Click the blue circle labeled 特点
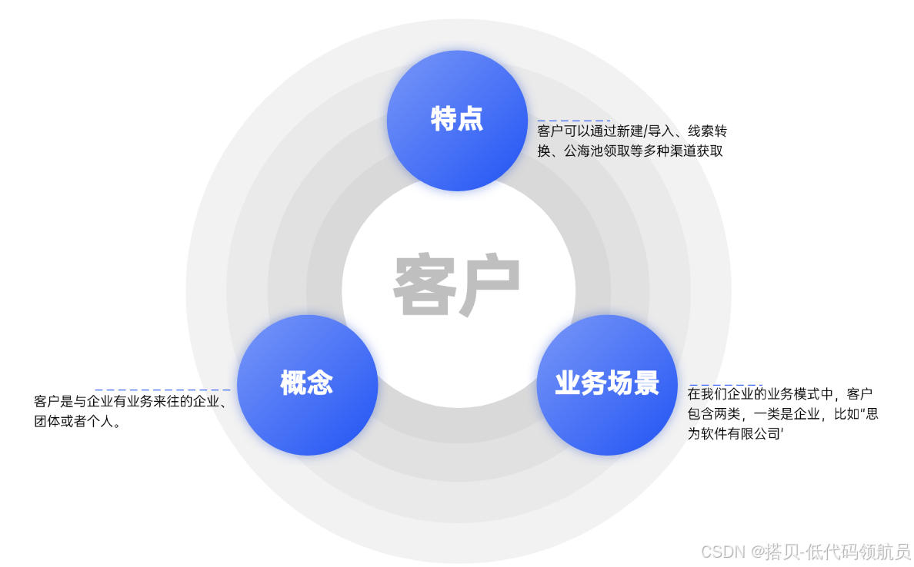click(x=457, y=120)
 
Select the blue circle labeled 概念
click(x=307, y=384)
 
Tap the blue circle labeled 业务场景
click(x=607, y=384)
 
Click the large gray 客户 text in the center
click(x=457, y=286)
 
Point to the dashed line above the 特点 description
click(x=574, y=121)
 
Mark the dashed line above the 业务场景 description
click(x=725, y=385)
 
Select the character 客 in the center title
click(x=425, y=286)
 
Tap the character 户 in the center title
click(x=490, y=286)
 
